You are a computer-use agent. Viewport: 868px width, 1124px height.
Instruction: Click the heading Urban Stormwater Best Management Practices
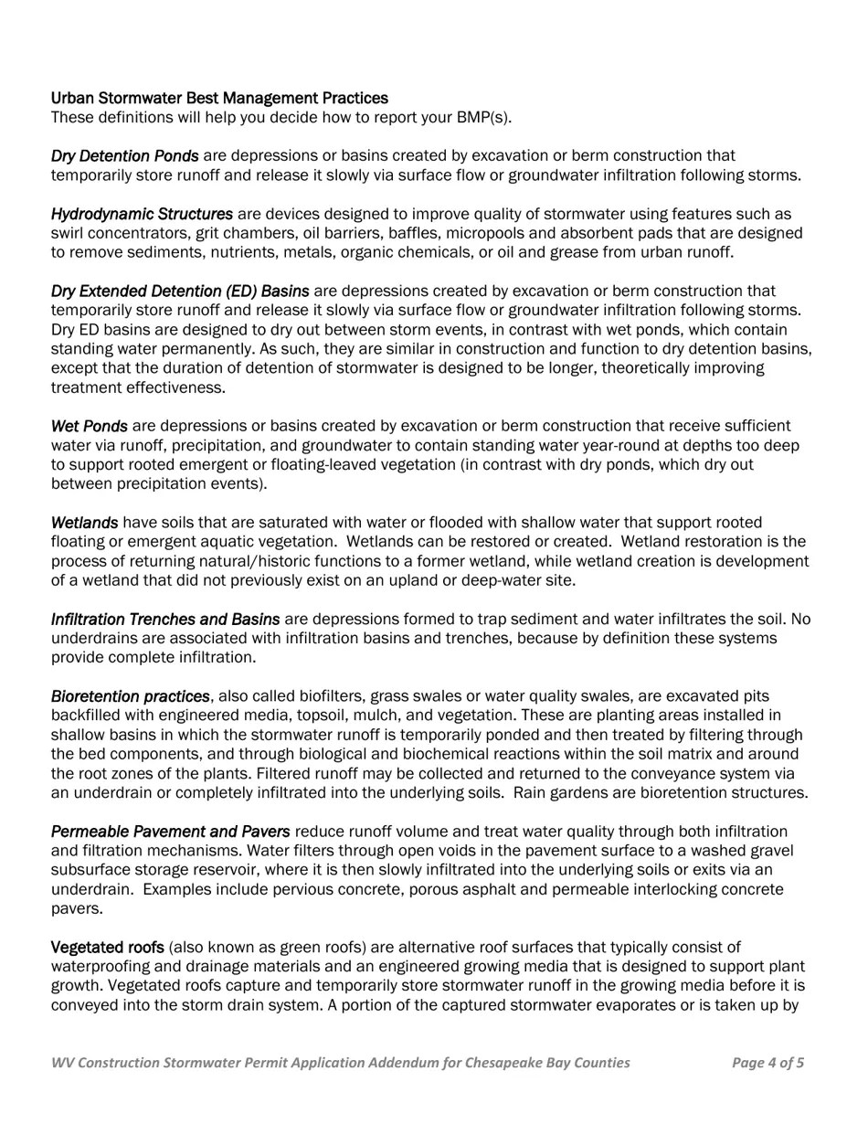click(219, 98)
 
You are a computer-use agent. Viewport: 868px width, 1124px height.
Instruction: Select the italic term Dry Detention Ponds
click(124, 156)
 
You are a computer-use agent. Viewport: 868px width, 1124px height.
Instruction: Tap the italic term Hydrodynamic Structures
click(142, 214)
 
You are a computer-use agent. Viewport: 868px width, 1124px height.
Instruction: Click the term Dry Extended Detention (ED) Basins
click(180, 292)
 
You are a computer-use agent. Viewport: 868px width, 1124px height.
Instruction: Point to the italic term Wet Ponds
click(90, 426)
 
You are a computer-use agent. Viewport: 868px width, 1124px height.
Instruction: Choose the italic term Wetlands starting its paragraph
click(84, 523)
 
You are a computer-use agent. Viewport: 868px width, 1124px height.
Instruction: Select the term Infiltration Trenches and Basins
click(165, 620)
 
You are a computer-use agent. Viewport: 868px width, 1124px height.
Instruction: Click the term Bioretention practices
click(130, 696)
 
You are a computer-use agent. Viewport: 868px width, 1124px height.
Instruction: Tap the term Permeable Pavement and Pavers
click(170, 832)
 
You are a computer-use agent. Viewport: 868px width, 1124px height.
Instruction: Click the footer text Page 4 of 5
click(767, 1063)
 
